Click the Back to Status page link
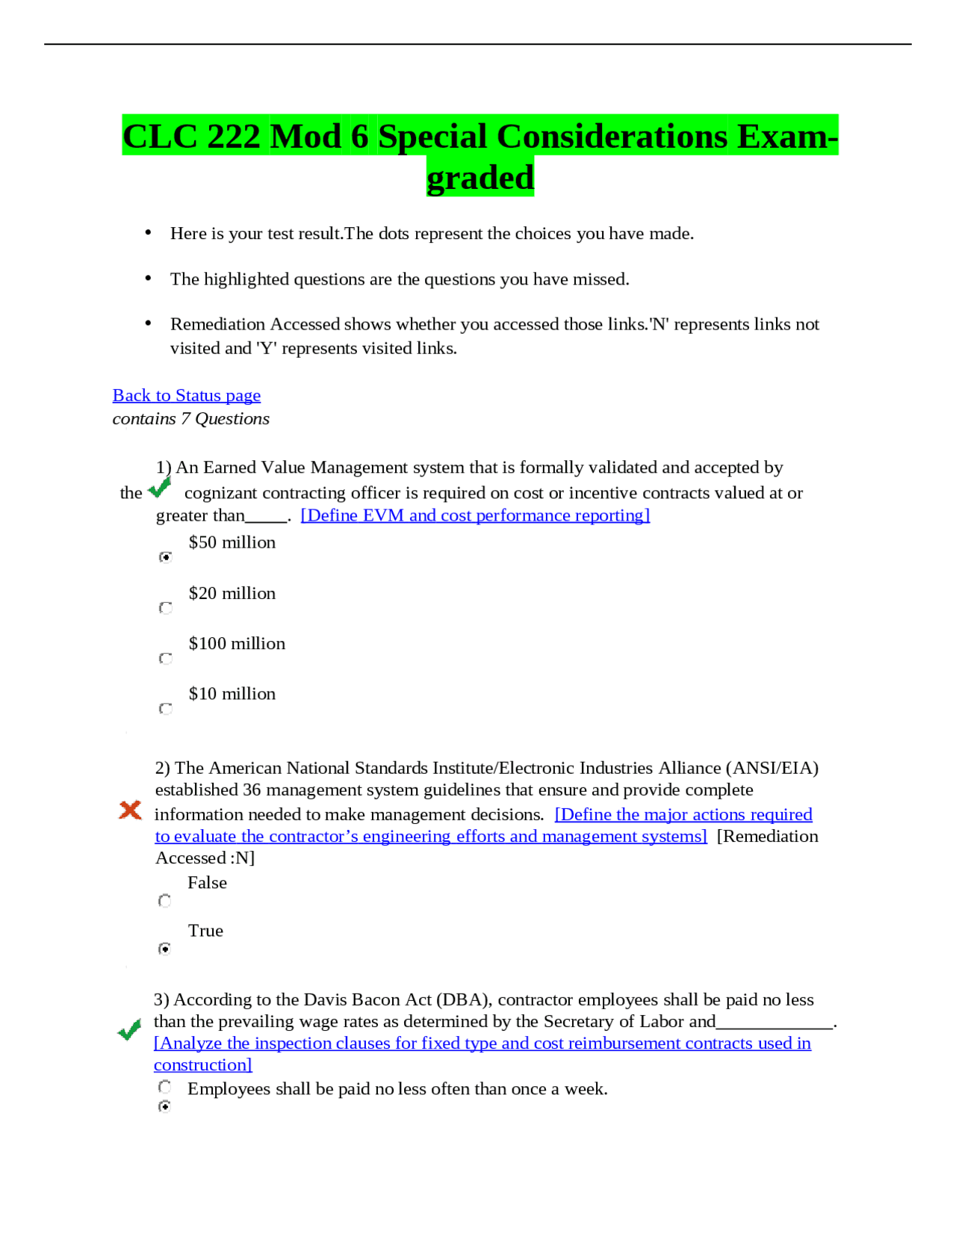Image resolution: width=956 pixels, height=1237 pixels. click(x=186, y=395)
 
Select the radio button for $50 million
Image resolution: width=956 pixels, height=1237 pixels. click(x=166, y=557)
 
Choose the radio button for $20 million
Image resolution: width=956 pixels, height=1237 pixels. click(x=166, y=608)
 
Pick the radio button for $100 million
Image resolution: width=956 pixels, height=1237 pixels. click(x=166, y=658)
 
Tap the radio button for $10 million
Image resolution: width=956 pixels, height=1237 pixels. click(x=166, y=708)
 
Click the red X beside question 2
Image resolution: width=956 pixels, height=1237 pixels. click(x=130, y=810)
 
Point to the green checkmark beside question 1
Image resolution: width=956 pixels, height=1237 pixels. click(x=160, y=488)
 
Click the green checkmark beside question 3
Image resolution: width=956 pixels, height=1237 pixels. click(x=130, y=1030)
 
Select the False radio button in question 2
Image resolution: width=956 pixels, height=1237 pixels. click(x=165, y=901)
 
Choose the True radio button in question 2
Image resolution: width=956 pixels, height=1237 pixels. click(x=165, y=949)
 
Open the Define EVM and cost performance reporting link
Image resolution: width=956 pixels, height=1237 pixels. click(x=475, y=515)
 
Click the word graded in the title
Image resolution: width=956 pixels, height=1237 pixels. click(x=480, y=178)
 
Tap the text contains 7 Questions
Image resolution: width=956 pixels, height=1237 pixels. click(x=190, y=419)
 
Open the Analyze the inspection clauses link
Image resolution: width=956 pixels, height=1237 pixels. click(x=482, y=1044)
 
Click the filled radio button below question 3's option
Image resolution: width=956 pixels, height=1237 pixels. click(x=165, y=1106)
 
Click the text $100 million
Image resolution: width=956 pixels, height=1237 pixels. click(x=237, y=644)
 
